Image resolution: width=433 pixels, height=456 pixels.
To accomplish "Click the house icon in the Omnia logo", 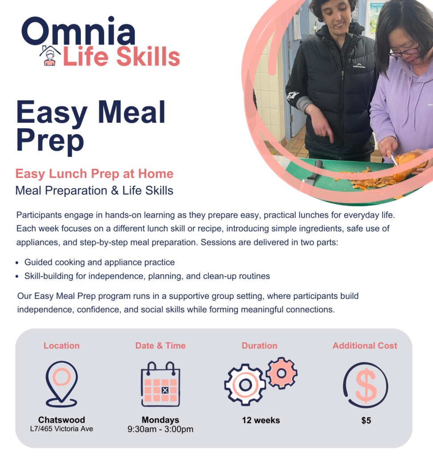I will click(x=50, y=56).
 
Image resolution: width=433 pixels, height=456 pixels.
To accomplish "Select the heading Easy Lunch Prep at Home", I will click(x=94, y=174).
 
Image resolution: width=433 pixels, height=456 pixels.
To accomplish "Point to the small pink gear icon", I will click(x=281, y=373).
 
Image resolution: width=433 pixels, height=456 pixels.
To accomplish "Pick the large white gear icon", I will click(x=245, y=384).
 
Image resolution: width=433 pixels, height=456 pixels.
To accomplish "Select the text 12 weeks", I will click(x=261, y=420).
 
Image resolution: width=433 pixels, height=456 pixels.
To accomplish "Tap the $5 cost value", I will click(x=366, y=420).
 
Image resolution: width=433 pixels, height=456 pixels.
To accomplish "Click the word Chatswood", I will click(x=61, y=420).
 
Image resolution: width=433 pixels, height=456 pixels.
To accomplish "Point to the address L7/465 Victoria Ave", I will click(x=61, y=429).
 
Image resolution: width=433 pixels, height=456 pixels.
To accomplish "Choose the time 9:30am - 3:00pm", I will click(x=160, y=429).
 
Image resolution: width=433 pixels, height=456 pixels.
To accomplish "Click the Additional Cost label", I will click(x=365, y=346).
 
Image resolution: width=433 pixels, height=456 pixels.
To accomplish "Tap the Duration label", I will click(x=259, y=346).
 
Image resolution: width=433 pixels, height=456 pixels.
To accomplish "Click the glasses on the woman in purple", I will click(x=404, y=51).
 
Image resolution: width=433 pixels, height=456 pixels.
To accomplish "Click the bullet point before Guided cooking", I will click(x=17, y=263).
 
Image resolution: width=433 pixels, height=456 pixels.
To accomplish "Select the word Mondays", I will click(x=160, y=420).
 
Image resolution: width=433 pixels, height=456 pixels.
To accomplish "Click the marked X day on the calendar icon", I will click(x=165, y=391).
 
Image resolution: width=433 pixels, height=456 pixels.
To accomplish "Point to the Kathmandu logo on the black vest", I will click(x=359, y=65).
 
